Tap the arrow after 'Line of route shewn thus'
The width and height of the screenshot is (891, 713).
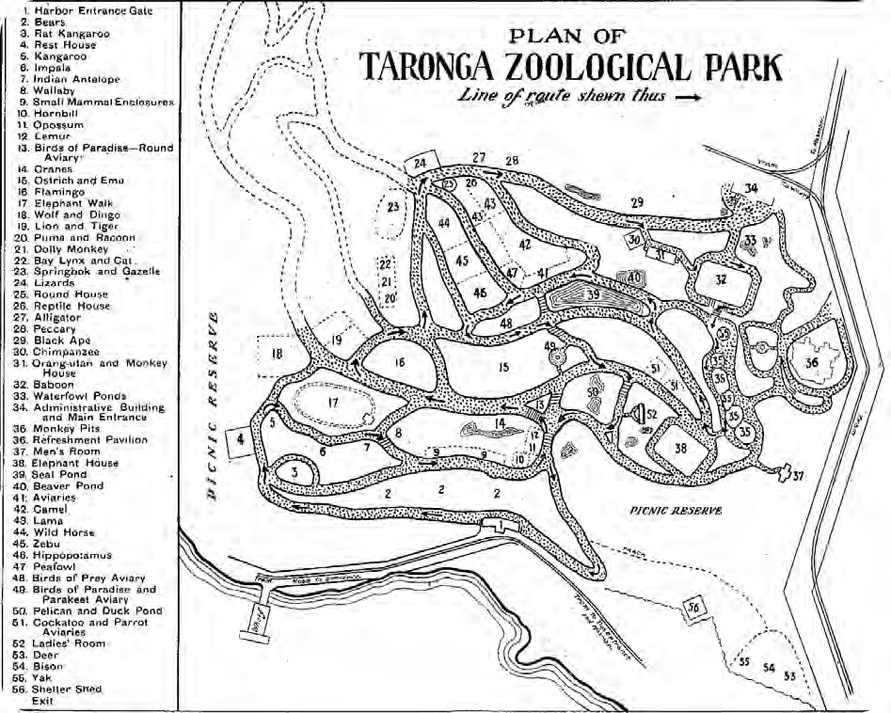point(687,97)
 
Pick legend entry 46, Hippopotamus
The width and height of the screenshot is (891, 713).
point(77,555)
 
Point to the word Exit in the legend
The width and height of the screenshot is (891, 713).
point(42,701)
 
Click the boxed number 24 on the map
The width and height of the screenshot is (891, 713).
point(419,163)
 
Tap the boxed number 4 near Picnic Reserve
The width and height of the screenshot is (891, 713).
point(241,439)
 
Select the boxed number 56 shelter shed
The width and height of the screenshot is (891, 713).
point(693,607)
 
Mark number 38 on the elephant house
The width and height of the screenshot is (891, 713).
point(680,450)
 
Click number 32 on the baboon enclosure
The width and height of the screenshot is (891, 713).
point(721,279)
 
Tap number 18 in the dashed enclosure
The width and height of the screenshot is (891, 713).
point(277,354)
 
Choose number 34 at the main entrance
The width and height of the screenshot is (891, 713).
point(750,189)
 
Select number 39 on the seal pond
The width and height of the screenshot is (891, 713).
point(593,295)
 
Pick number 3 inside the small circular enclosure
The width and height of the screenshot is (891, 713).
point(294,473)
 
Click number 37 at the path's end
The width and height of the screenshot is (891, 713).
point(799,476)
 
